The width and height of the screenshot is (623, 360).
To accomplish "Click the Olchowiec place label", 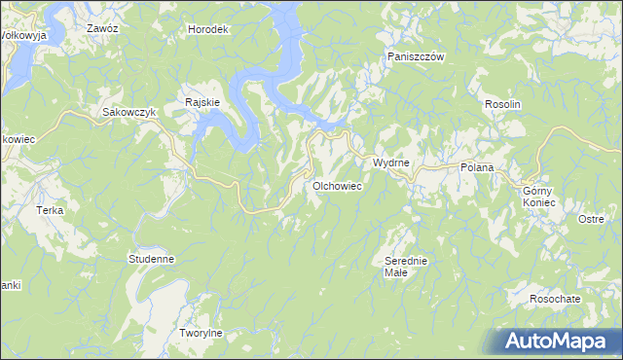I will click(x=338, y=184).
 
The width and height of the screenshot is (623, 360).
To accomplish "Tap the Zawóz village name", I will click(x=102, y=29).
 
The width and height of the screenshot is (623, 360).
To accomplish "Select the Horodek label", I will click(x=207, y=29).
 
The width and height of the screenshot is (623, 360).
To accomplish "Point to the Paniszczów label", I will click(x=416, y=57).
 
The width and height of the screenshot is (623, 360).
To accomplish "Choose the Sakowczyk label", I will click(x=130, y=112).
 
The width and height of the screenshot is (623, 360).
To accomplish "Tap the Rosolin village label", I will click(x=504, y=104).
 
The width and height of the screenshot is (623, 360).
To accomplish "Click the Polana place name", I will click(x=477, y=167).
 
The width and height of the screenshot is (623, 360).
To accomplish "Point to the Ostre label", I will click(x=591, y=219).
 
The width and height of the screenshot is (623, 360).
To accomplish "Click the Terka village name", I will click(x=50, y=210).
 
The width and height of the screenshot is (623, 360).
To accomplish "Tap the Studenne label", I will click(x=151, y=259).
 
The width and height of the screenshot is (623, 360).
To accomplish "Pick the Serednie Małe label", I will click(x=406, y=267).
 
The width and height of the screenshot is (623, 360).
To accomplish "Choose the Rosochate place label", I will click(x=556, y=298).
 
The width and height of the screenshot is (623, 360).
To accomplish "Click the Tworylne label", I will click(x=202, y=333).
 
